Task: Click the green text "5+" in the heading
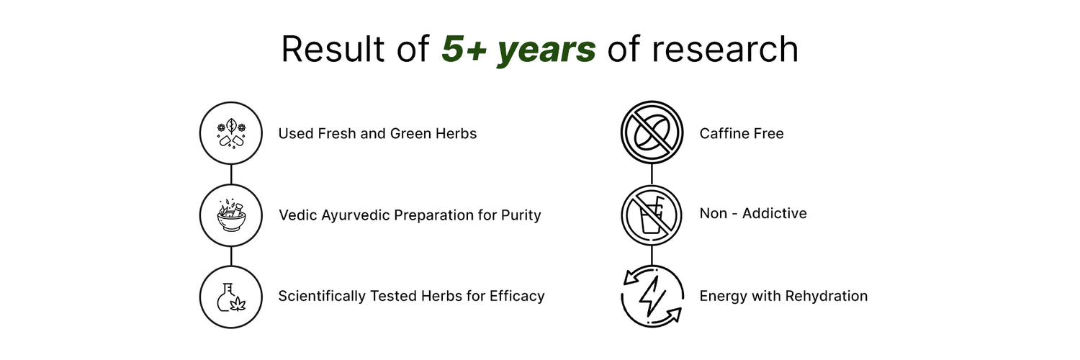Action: point(464,49)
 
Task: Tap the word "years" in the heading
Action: point(546,52)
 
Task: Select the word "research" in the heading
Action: point(724,49)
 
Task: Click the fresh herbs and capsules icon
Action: point(231,133)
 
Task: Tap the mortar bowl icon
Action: point(231,215)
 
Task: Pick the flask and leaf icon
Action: point(231,297)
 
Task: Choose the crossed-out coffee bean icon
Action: point(652,132)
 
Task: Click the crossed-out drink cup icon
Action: point(652,215)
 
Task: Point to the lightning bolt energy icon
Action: point(652,296)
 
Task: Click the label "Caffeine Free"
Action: point(742,133)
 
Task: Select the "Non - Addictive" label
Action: point(753,213)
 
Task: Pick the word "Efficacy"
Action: point(517,296)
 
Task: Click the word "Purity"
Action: point(521,215)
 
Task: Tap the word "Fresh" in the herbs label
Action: point(336,133)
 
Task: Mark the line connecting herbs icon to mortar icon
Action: point(231,174)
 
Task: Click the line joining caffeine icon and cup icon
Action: point(652,174)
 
